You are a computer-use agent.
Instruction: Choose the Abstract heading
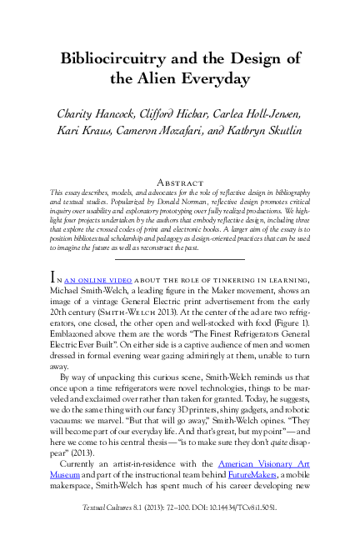click(180, 182)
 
